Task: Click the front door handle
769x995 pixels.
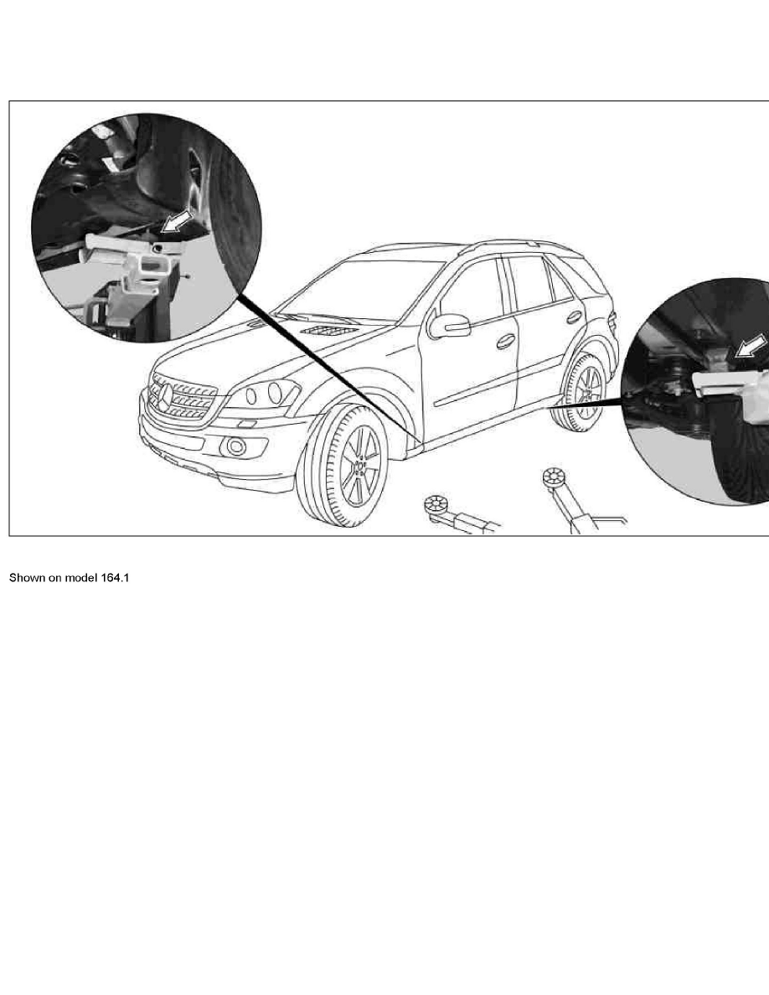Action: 505,342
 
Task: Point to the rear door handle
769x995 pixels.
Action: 574,317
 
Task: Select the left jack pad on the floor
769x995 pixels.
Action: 435,505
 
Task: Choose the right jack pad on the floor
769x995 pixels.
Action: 553,479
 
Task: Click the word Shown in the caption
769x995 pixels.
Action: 26,578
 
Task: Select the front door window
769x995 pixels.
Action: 472,293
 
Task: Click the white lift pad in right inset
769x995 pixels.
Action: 725,383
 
